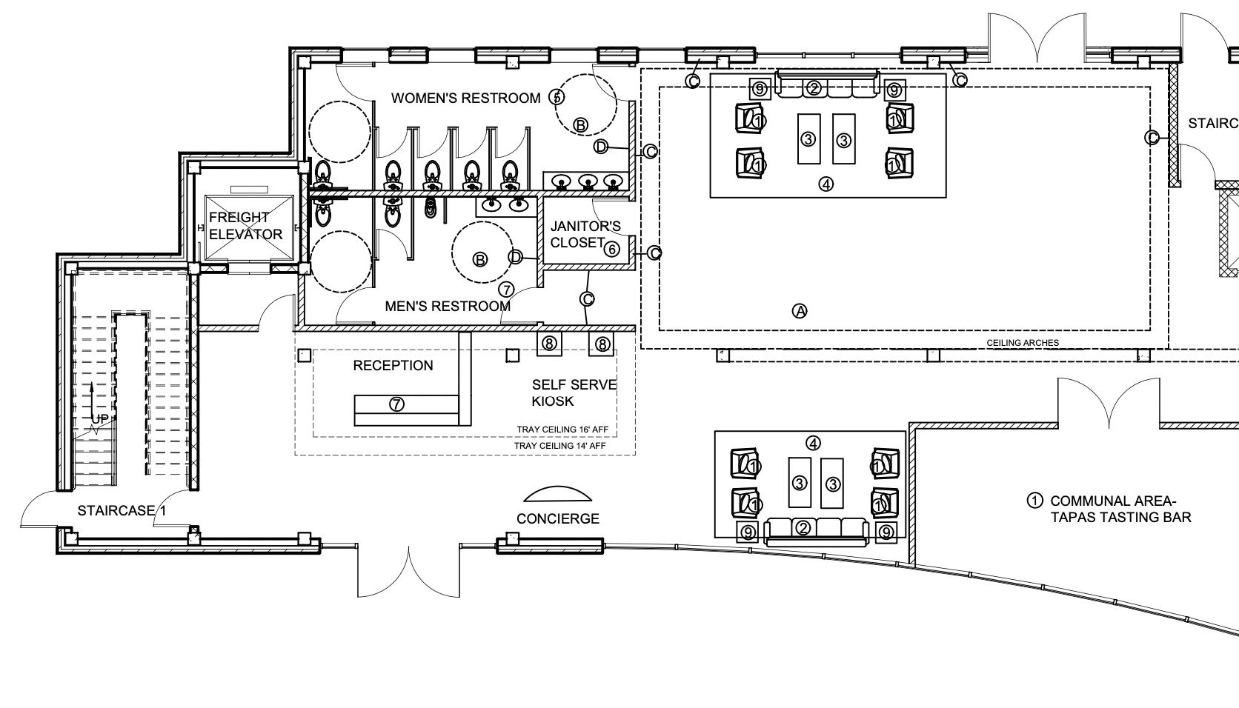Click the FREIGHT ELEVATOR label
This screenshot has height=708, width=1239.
[x=245, y=226]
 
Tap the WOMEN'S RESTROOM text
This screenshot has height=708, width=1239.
[x=465, y=98]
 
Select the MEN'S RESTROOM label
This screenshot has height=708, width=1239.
[x=448, y=306]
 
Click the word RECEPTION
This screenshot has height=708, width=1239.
[x=393, y=366]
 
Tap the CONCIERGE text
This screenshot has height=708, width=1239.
[x=557, y=519]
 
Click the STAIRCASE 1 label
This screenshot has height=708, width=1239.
[x=122, y=511]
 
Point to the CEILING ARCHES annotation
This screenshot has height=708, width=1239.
[x=1022, y=343]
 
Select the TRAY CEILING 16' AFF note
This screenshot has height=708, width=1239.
[x=567, y=430]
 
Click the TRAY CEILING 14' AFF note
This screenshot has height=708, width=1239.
[x=559, y=446]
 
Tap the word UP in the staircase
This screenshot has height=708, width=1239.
[x=99, y=419]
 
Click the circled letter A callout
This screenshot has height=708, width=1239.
[x=800, y=311]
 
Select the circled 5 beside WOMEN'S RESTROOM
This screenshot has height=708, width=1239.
[x=557, y=97]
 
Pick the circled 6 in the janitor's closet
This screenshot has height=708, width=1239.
[x=611, y=249]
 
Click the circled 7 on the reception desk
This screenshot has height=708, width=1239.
[x=397, y=404]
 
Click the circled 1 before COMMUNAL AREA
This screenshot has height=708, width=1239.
[x=1034, y=501]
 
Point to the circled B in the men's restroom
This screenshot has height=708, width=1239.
[x=480, y=259]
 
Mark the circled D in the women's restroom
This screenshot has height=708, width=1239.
[x=601, y=147]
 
